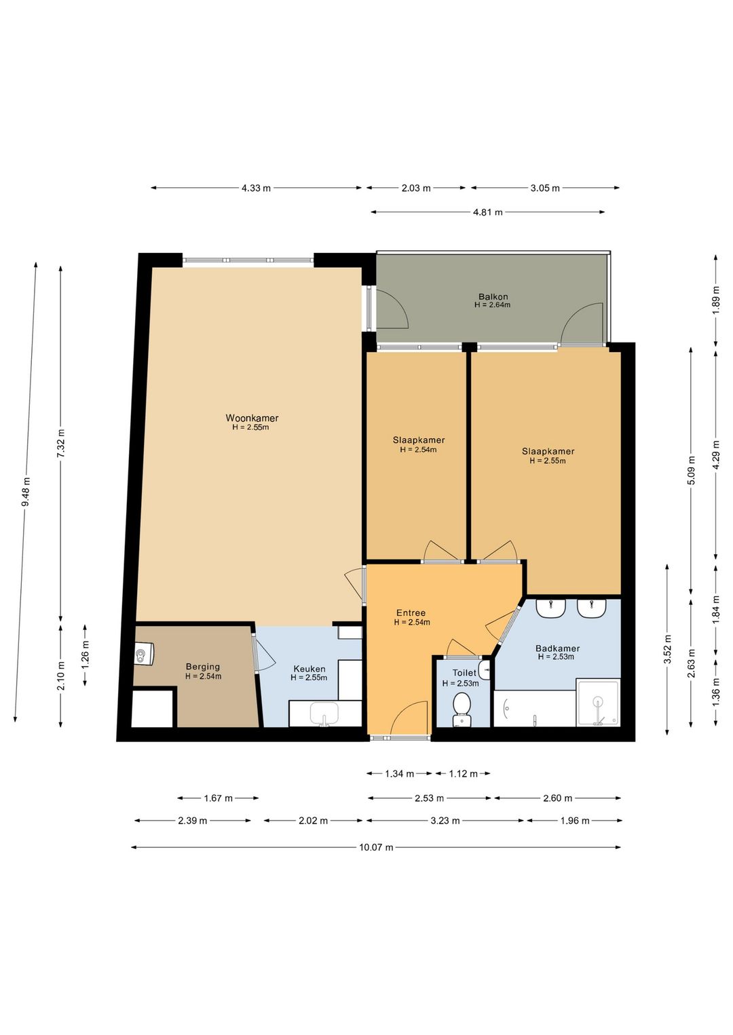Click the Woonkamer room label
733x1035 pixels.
coord(252,418)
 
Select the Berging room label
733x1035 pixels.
coord(202,667)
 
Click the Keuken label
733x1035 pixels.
coord(309,669)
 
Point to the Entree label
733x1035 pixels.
coord(411,612)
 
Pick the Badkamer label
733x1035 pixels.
coord(557,648)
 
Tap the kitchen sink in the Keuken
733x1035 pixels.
coord(324,714)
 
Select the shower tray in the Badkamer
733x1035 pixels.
coord(597,703)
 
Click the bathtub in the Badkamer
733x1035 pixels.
coord(535,709)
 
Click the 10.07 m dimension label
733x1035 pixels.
coord(376,847)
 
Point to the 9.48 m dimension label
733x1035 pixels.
coord(26,491)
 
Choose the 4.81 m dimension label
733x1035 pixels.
coord(488,212)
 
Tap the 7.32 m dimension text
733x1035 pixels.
coord(60,444)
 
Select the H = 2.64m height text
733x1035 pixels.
coord(492,305)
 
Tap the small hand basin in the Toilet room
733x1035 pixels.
coord(484,667)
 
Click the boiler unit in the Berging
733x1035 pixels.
coord(144,654)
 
